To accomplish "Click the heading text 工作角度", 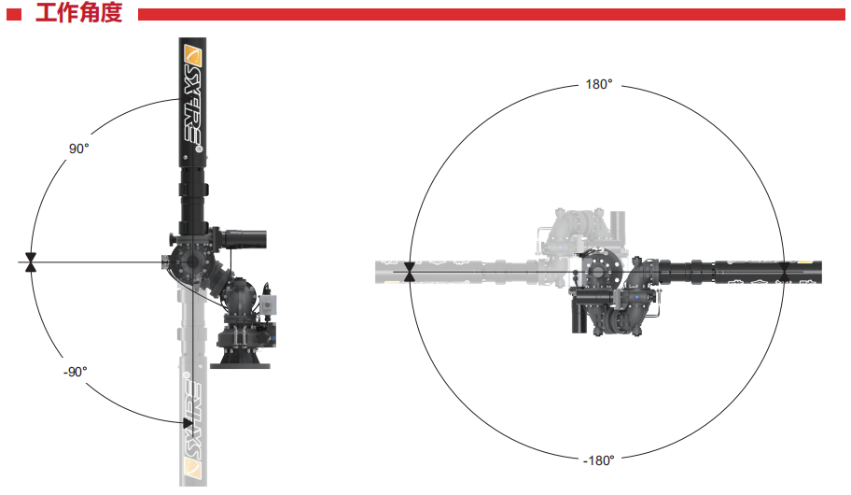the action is (78, 12).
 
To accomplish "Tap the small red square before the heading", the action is (14, 15).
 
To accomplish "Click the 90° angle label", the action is (78, 148).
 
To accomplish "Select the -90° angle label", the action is (75, 372).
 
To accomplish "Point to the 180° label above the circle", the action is (599, 84).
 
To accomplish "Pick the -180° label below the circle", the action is (599, 460).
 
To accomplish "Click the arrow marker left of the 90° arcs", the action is (31, 262).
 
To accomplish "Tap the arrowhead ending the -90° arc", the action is (188, 423).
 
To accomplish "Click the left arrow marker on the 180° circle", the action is (410, 272).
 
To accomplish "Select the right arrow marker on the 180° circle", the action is (784, 272).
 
